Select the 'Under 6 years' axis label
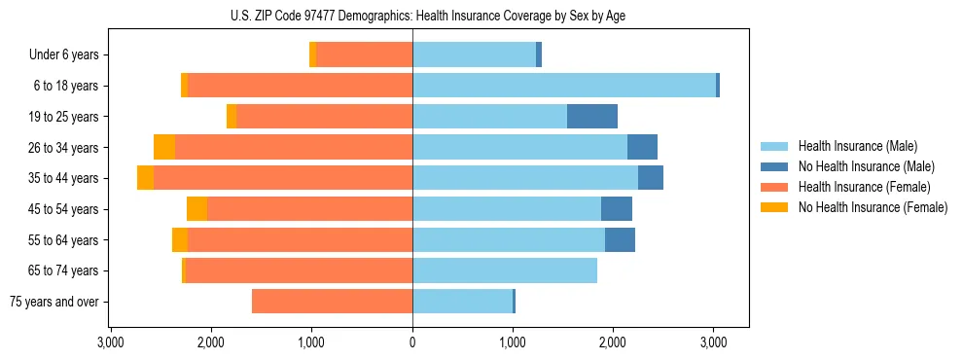point(64,55)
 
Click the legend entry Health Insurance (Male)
point(855,146)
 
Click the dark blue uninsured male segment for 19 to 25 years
point(592,117)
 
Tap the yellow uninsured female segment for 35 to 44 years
point(145,178)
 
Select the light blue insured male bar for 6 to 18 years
point(564,86)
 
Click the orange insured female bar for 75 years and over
point(332,302)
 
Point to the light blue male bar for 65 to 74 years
point(505,270)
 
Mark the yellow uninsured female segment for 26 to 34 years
point(164,147)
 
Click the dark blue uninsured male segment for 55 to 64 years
point(620,239)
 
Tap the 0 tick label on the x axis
point(412,342)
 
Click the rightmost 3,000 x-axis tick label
point(713,342)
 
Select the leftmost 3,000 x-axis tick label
point(111,342)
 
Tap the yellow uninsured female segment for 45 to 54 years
point(196,209)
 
